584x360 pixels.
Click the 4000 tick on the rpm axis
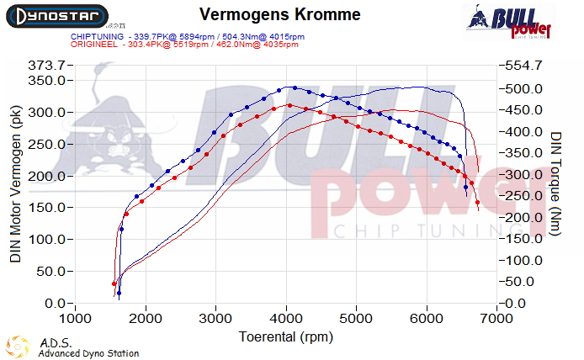point(287,319)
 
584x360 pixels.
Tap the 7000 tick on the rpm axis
point(497,319)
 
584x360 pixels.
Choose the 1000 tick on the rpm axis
point(76,319)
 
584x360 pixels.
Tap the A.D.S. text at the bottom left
point(50,343)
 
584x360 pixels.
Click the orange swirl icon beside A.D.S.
point(17,347)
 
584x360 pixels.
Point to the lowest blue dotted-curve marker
point(119,294)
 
